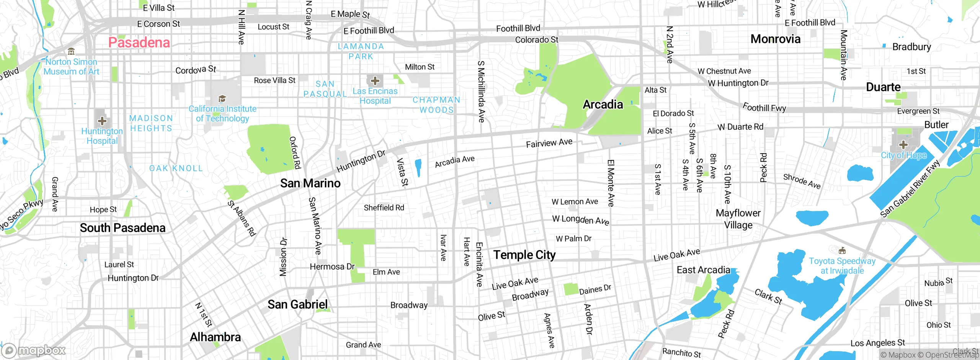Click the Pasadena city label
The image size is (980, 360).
tap(139, 43)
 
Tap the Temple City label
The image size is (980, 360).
tap(524, 255)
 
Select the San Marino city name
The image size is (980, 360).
tap(310, 183)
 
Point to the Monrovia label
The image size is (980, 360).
tap(775, 39)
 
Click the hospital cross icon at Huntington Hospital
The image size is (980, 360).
tap(102, 121)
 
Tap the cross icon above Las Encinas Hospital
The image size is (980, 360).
tap(375, 81)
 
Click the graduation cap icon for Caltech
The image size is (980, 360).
tap(222, 99)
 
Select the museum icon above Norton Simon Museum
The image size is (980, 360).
tap(71, 51)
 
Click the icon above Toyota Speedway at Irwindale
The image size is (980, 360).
tap(842, 251)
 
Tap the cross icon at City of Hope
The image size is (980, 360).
tap(903, 145)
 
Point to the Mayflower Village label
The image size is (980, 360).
tap(738, 219)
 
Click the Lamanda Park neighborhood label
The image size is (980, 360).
tap(361, 51)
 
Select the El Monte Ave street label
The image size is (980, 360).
tap(611, 183)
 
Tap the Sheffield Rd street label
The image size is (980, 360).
tap(384, 208)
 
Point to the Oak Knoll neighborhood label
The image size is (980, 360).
tap(176, 168)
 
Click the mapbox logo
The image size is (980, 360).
tap(34, 350)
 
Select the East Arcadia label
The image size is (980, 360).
tap(703, 270)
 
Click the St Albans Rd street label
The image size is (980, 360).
tap(242, 218)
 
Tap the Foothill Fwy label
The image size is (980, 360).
tap(764, 108)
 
